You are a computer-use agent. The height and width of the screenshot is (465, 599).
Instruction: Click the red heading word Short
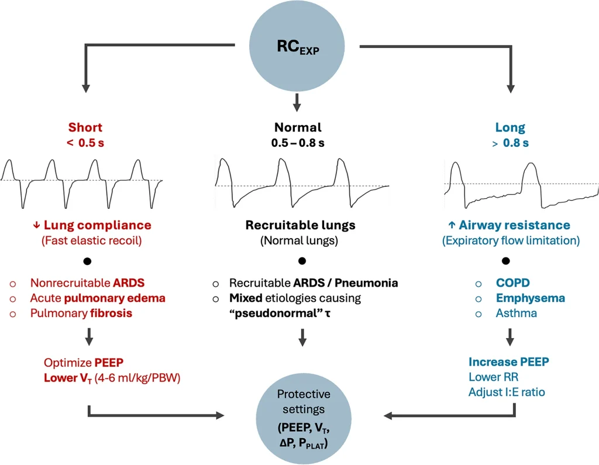click(85, 128)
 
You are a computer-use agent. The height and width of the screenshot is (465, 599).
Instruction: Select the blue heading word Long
click(510, 128)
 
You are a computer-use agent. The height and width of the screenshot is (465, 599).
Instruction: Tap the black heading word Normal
click(298, 128)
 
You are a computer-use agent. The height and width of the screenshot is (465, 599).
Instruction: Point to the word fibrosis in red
click(111, 313)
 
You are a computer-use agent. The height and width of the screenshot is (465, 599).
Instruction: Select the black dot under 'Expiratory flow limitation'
click(507, 260)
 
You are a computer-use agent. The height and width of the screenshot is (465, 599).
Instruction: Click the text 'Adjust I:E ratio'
click(507, 392)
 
